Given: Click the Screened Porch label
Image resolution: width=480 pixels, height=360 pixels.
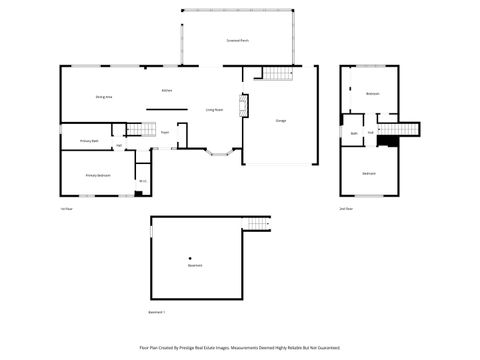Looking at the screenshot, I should (x=238, y=41).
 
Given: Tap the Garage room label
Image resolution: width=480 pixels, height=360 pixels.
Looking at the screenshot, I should (x=281, y=120).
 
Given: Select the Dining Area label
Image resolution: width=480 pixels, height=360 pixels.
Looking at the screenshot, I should (x=103, y=96).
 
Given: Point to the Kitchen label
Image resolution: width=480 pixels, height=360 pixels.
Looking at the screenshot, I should (x=167, y=91).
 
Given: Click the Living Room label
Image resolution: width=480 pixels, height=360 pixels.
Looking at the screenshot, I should (x=213, y=109).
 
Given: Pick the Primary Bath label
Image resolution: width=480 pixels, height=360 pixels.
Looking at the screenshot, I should (x=88, y=141).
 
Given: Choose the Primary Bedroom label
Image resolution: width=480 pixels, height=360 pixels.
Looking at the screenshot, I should (x=97, y=175).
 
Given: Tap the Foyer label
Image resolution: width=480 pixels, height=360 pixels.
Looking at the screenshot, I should (x=164, y=130).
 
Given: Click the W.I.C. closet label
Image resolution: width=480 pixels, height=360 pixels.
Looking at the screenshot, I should (x=142, y=180).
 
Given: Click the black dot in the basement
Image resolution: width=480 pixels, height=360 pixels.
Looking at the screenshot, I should (x=190, y=258).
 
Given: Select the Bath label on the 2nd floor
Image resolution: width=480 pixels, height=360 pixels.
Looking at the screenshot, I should (x=354, y=132).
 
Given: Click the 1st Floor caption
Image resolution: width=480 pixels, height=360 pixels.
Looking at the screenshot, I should (x=66, y=208).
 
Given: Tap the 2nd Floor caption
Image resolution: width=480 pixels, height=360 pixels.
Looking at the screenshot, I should (x=346, y=208).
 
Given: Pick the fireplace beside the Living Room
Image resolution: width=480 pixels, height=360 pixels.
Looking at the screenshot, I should (x=241, y=104).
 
